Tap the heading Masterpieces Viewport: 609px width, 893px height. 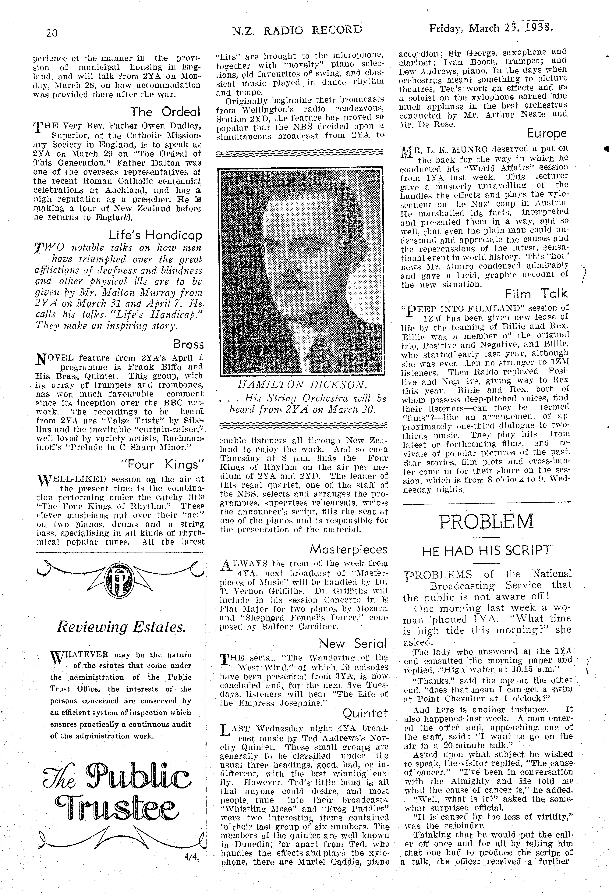(349, 550)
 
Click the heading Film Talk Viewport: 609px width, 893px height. (536, 294)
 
